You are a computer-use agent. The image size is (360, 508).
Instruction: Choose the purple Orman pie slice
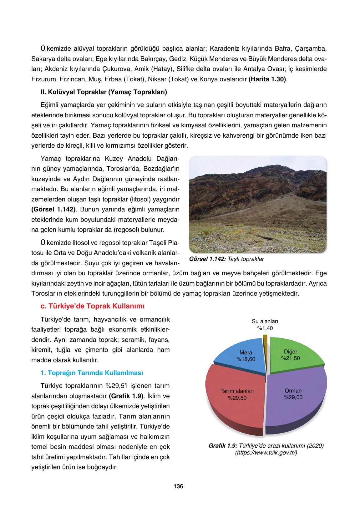coord(297,407)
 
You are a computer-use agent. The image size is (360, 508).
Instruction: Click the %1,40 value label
coord(265,328)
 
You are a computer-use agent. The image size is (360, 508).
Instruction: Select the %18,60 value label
coord(246,359)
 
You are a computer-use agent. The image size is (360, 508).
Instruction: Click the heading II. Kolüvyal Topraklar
coord(104,92)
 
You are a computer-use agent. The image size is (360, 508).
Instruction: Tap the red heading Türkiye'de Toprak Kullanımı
coord(93,306)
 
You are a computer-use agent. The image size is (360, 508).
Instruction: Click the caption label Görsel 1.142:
coord(207,259)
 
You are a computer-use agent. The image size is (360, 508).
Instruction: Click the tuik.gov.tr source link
coord(266,453)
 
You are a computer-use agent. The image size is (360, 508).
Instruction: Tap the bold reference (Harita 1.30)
coord(267,79)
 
